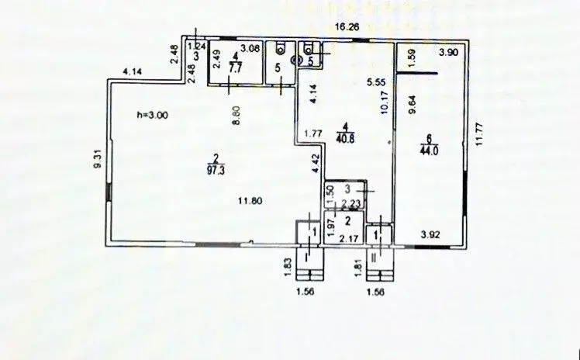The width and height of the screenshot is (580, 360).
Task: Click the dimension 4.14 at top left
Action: click(x=132, y=72)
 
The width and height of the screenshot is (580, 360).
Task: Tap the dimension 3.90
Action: click(x=448, y=53)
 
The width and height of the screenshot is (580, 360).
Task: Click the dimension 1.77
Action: click(x=314, y=133)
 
